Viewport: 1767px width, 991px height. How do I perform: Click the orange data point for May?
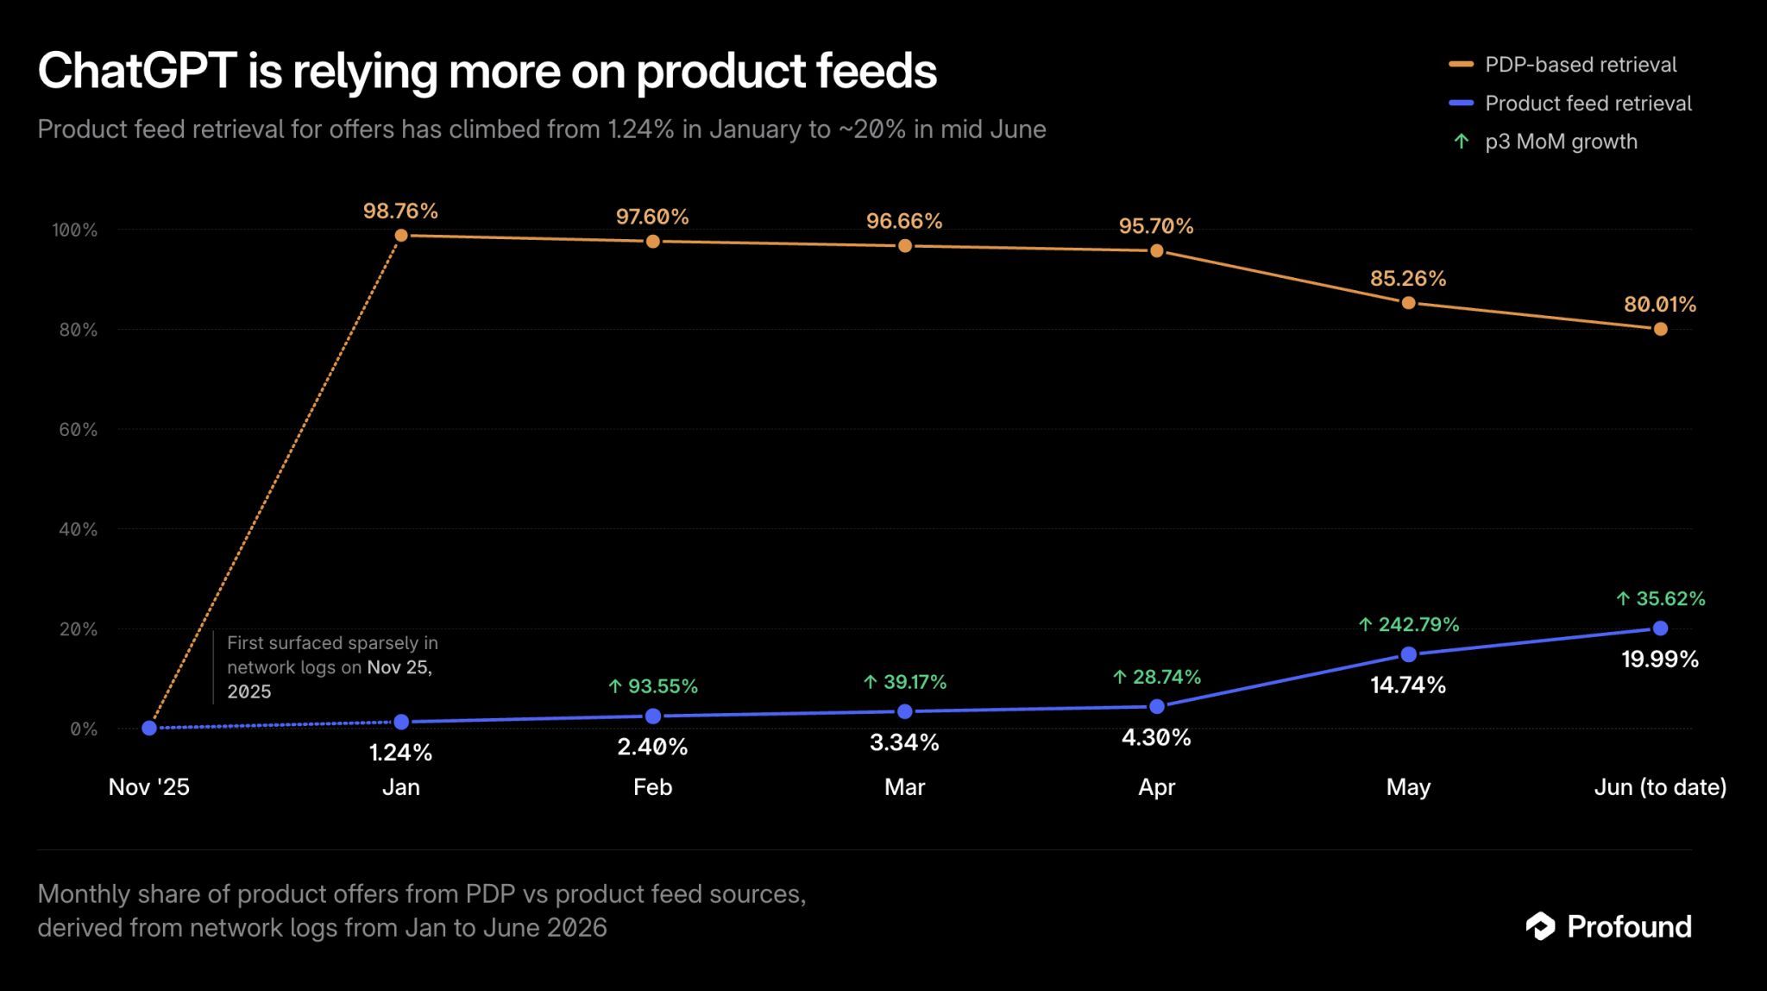(1408, 303)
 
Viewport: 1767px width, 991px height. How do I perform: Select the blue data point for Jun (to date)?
(1660, 628)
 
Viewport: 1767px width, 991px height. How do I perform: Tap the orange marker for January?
(401, 236)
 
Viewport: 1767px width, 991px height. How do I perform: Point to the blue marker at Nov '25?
(149, 728)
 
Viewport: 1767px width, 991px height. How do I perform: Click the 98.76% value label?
(400, 211)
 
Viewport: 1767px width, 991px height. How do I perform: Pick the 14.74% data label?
(1408, 685)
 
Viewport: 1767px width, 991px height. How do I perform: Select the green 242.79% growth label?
(1409, 624)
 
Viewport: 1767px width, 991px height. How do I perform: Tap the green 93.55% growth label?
(653, 686)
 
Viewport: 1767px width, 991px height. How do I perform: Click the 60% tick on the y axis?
(78, 430)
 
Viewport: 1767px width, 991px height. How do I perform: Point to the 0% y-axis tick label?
(84, 729)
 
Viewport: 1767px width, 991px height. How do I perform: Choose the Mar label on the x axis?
(904, 786)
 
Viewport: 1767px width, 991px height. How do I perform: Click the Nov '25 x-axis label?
(149, 786)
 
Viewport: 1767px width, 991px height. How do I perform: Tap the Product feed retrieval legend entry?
(1570, 104)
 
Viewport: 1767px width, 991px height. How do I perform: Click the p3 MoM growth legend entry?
(1545, 142)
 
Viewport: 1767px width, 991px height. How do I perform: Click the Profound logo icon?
(1540, 926)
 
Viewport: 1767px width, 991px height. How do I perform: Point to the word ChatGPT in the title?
(137, 71)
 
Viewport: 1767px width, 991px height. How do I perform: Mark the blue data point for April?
(1157, 707)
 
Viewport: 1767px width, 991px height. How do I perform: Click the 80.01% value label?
(1660, 304)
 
